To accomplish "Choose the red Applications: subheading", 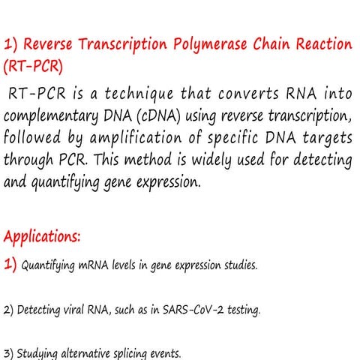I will pyautogui.click(x=42, y=238).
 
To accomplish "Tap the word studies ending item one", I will pyautogui.click(x=239, y=266).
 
